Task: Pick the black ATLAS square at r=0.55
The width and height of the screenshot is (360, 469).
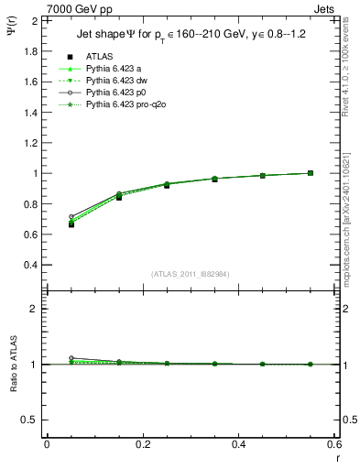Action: tap(311, 172)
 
